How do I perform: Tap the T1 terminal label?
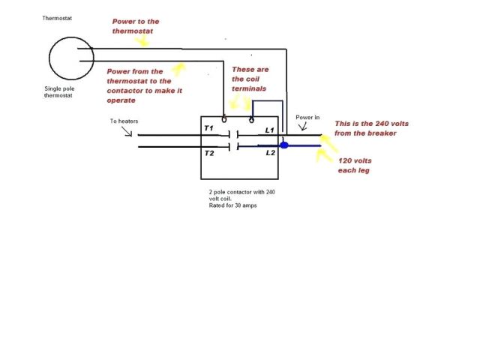pos(209,129)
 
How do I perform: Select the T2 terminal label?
pos(209,152)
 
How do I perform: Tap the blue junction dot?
pos(283,145)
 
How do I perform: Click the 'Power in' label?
pos(308,118)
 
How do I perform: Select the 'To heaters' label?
pos(124,121)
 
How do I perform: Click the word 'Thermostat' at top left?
pos(58,16)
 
